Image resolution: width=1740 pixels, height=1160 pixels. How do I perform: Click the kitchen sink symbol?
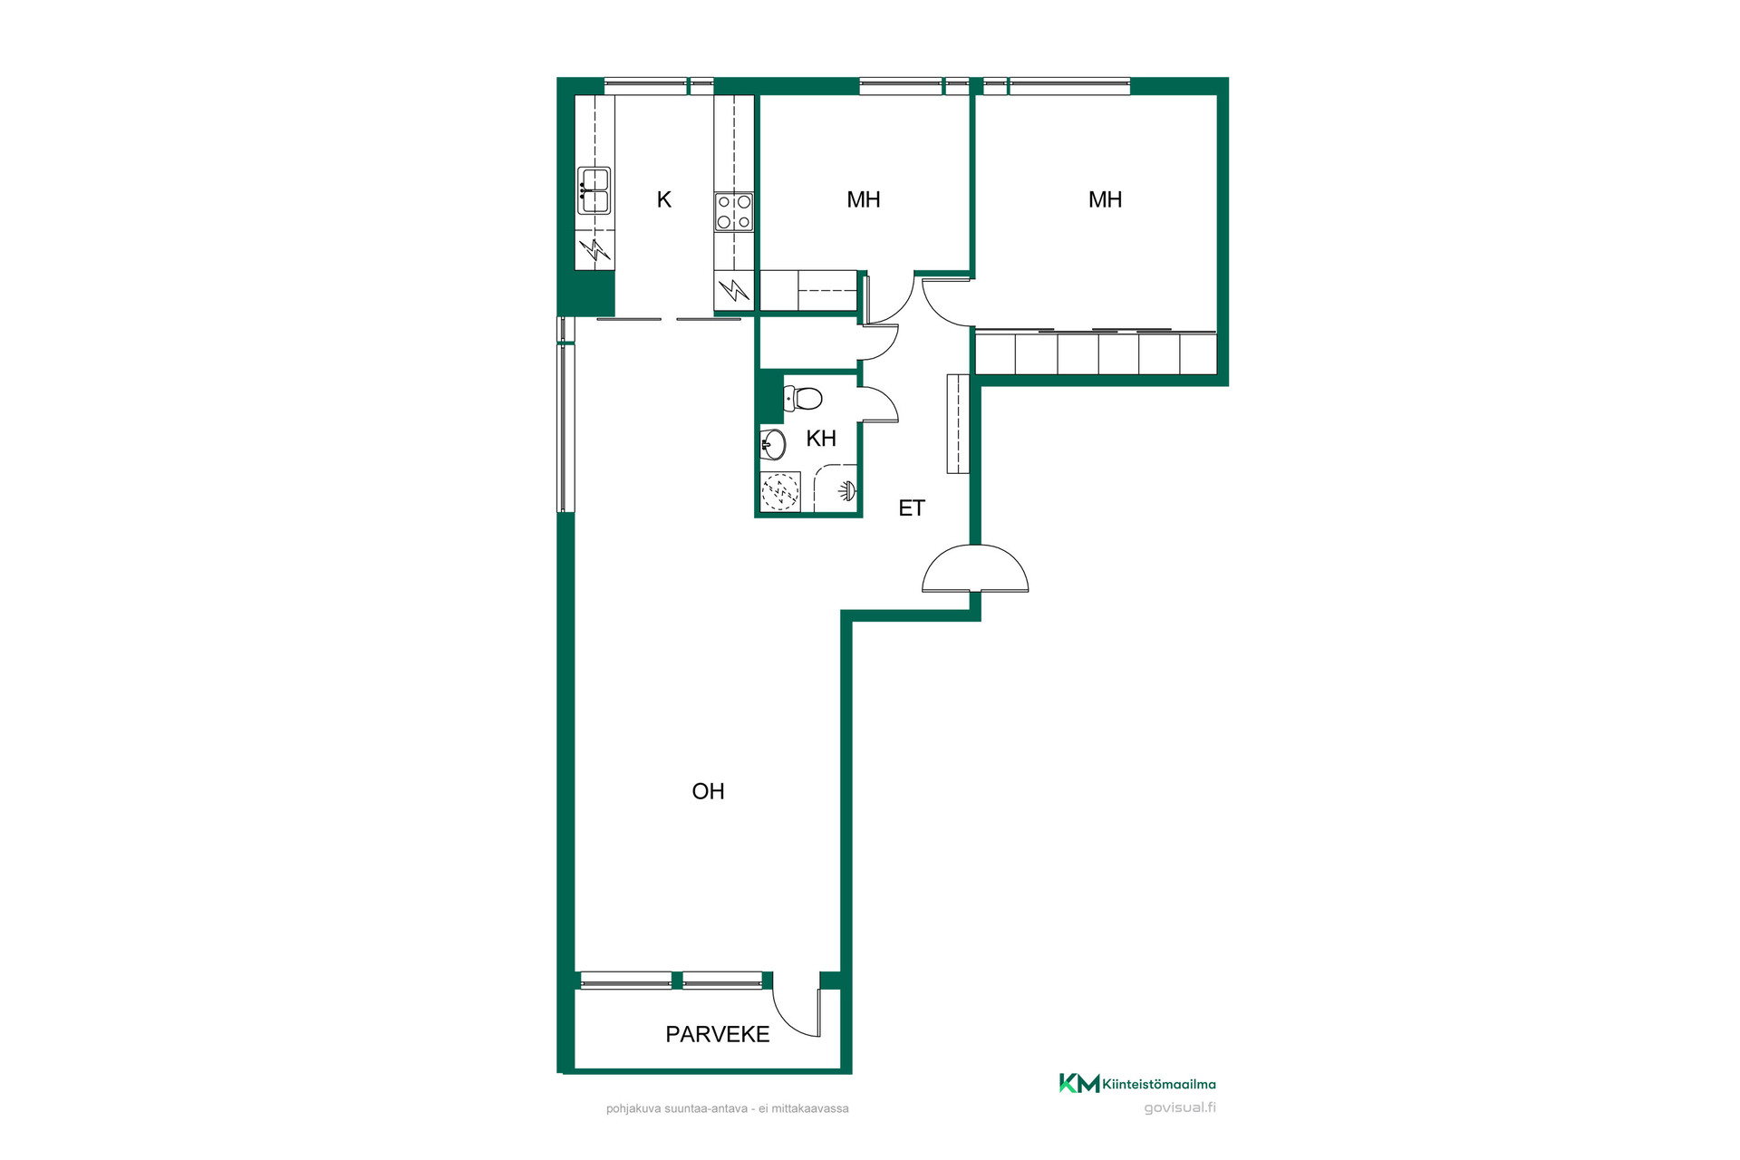594,190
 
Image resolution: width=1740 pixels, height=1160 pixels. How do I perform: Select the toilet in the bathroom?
803,398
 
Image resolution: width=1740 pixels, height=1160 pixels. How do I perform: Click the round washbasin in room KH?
773,444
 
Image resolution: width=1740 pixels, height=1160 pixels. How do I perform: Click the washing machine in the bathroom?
780,492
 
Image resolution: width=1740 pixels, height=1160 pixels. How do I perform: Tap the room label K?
664,199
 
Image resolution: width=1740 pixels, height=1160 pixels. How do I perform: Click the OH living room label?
708,791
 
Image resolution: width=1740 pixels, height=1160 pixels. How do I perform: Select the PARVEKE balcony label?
718,1034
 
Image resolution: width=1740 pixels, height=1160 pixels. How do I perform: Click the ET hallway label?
912,508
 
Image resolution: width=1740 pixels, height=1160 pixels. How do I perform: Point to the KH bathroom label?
821,439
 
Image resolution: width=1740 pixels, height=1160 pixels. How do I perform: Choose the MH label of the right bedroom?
1105,199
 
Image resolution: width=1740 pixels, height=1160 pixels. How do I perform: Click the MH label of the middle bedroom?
864,199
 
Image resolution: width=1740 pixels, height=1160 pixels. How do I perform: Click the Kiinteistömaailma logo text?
1159,1084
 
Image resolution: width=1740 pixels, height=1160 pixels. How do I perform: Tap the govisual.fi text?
1180,1107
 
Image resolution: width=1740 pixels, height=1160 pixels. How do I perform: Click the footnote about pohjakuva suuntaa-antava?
728,1108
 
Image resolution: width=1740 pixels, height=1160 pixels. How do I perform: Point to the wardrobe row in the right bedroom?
1096,353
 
